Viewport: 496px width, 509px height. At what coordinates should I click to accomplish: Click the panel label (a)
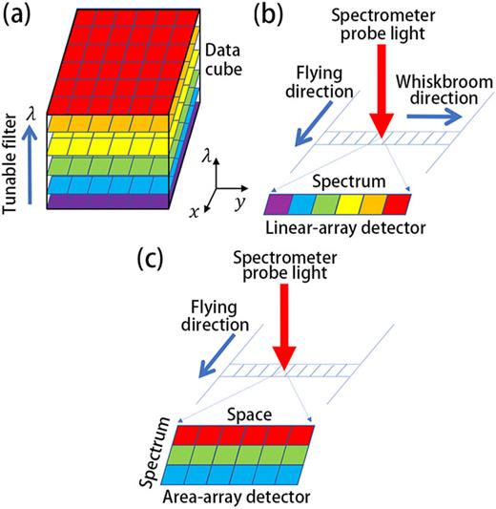click(x=22, y=16)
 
